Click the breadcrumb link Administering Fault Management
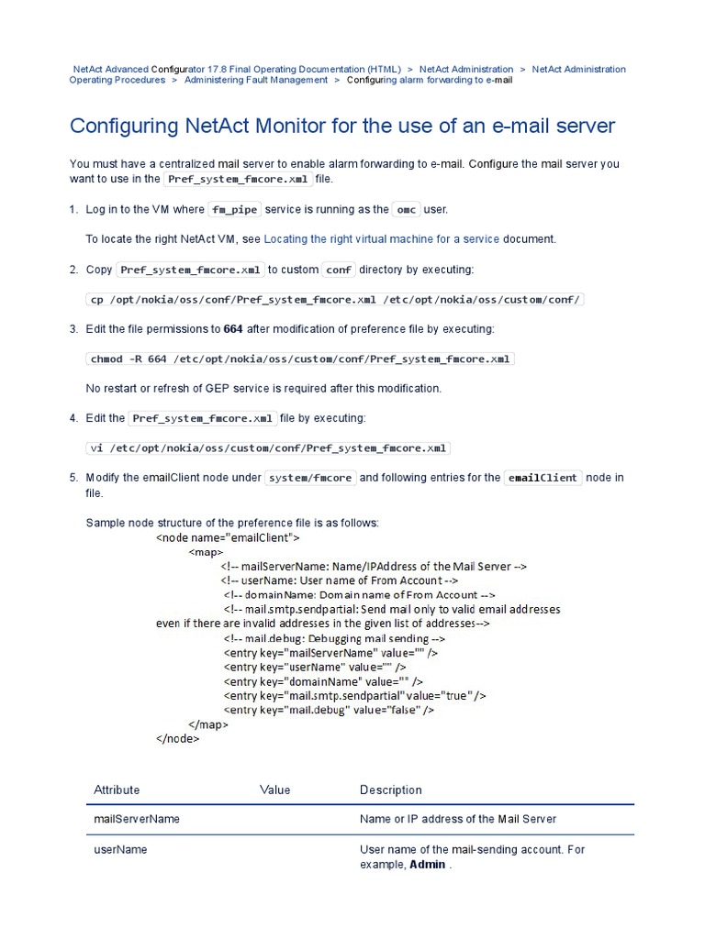tap(255, 80)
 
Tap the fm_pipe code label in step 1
tap(235, 210)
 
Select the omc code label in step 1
tap(406, 210)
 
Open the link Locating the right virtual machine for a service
tap(381, 239)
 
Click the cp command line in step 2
tap(335, 299)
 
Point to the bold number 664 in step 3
tap(233, 328)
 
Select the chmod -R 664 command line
tap(300, 359)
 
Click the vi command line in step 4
tap(268, 448)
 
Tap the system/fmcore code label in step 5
tap(309, 478)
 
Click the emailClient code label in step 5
tap(543, 478)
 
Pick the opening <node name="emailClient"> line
tap(228, 537)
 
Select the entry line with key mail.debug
tap(329, 710)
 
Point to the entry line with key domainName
tap(323, 681)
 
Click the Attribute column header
tap(117, 790)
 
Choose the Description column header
tap(391, 790)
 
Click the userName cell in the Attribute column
tap(120, 850)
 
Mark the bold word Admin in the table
tap(428, 865)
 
